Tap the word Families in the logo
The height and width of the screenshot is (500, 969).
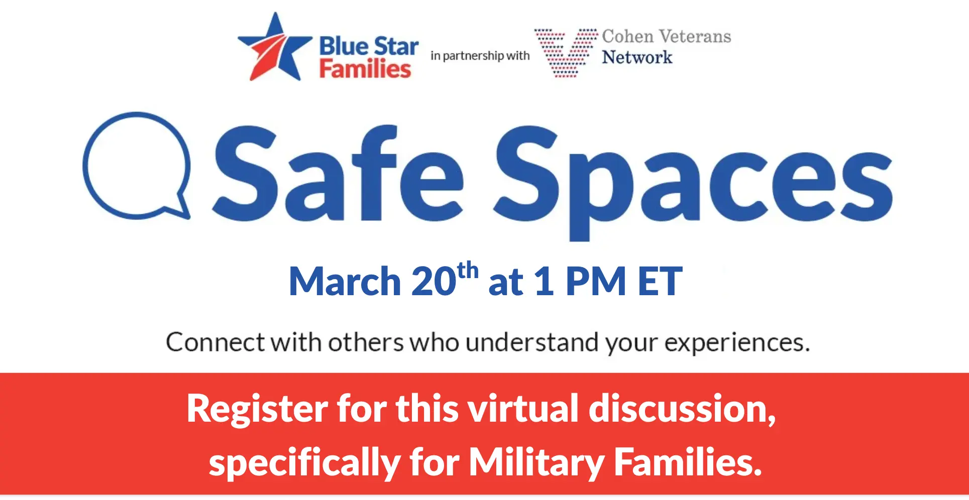click(365, 69)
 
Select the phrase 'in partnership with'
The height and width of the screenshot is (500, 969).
click(480, 56)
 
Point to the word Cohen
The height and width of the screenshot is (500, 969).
click(628, 37)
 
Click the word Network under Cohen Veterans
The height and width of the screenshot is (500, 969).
click(637, 58)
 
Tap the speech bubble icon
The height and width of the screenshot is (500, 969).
click(137, 166)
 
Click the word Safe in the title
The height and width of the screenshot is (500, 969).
click(338, 174)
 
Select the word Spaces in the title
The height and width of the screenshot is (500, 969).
click(693, 183)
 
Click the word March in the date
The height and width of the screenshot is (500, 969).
click(345, 282)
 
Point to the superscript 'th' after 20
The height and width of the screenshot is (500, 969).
click(468, 271)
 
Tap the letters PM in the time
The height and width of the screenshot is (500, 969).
click(596, 282)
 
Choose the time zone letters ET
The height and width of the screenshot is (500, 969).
click(660, 282)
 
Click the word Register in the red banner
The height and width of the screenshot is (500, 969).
click(257, 410)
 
